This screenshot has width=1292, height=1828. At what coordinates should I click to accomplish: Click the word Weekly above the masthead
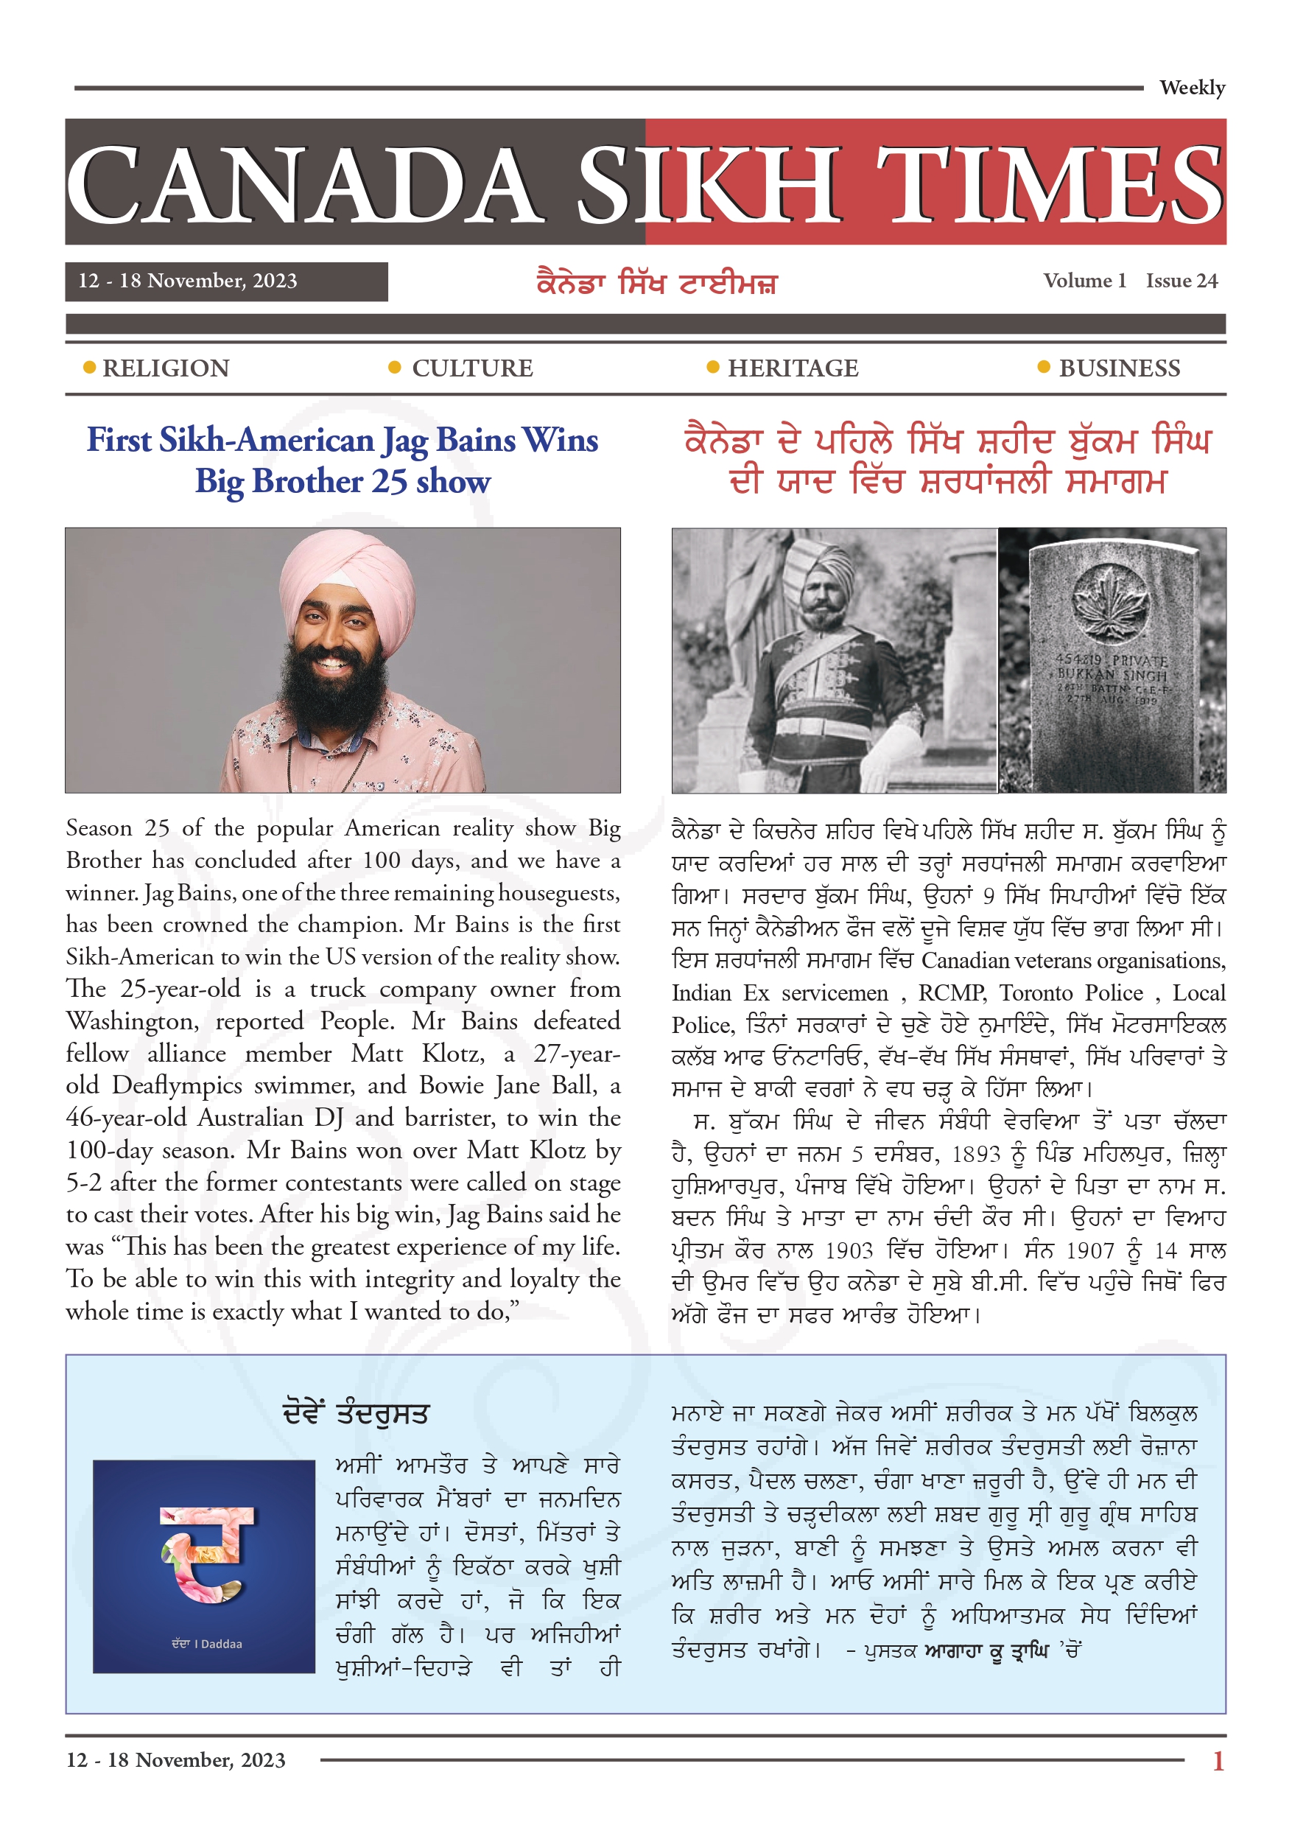(x=1191, y=88)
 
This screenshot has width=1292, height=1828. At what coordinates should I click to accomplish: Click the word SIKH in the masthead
(x=709, y=185)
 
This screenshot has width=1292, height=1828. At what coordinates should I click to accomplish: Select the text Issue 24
(x=1182, y=281)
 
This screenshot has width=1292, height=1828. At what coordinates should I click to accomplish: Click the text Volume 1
(x=1084, y=281)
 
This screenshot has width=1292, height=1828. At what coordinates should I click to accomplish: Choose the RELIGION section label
(x=166, y=368)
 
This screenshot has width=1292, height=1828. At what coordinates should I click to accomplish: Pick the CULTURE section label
(x=472, y=368)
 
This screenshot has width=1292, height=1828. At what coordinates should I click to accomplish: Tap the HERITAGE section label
(x=793, y=368)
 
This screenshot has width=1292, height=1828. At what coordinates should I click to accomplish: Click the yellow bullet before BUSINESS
(x=1043, y=367)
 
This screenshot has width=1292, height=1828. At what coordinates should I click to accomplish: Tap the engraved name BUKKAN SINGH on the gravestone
(x=1112, y=674)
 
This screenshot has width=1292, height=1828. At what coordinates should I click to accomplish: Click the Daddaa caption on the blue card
(x=207, y=1643)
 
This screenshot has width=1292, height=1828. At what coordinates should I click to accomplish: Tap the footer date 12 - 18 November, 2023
(x=176, y=1759)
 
